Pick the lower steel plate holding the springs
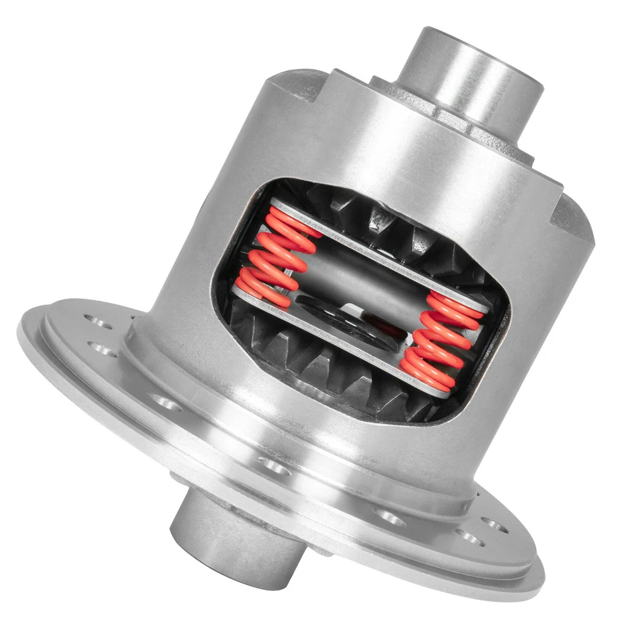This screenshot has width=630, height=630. (x=341, y=341)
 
